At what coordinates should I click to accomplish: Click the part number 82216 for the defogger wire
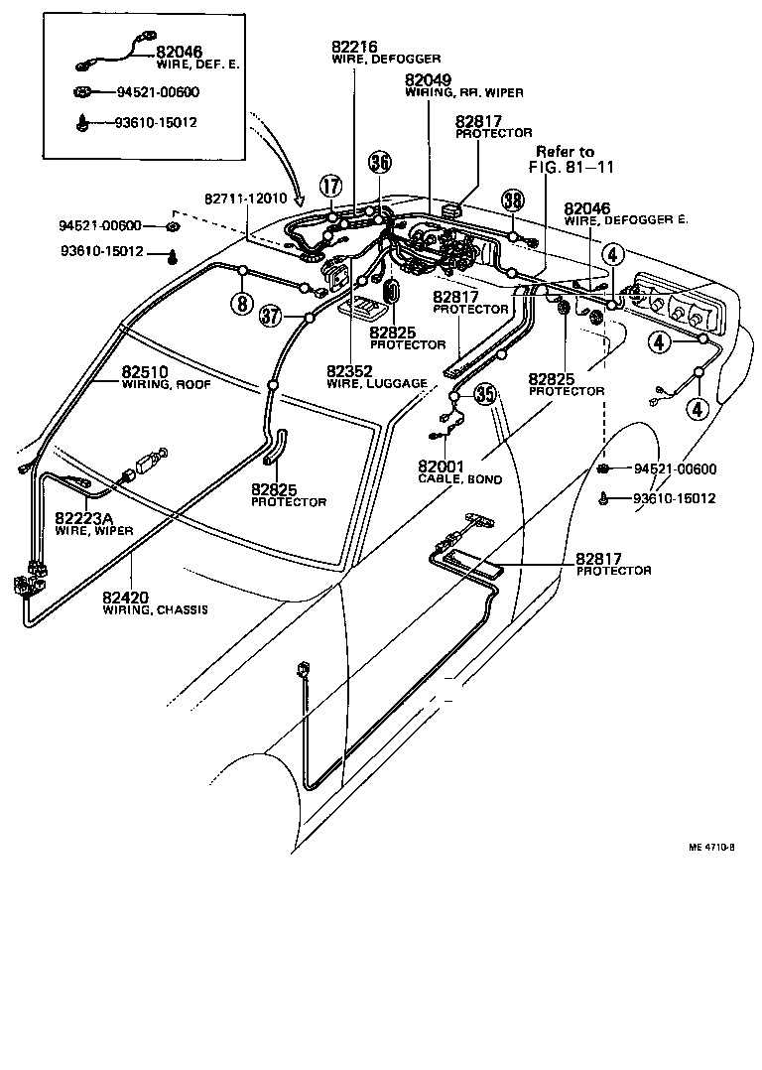click(x=355, y=47)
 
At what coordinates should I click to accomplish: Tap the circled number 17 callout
click(x=330, y=185)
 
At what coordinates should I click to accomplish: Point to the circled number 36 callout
click(x=379, y=162)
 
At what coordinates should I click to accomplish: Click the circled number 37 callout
click(x=270, y=316)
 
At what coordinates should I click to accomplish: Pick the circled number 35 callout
click(x=484, y=394)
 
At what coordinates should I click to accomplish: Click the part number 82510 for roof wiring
click(x=146, y=373)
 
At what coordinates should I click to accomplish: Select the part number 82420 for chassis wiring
click(x=125, y=597)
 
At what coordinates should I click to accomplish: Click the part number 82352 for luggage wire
click(x=349, y=371)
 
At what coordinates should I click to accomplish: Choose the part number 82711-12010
click(x=245, y=198)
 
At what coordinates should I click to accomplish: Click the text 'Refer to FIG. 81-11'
click(x=565, y=159)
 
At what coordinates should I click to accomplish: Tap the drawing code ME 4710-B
click(x=711, y=848)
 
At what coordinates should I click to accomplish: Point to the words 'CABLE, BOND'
click(x=459, y=479)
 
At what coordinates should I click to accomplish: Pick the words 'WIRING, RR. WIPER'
click(x=464, y=92)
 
